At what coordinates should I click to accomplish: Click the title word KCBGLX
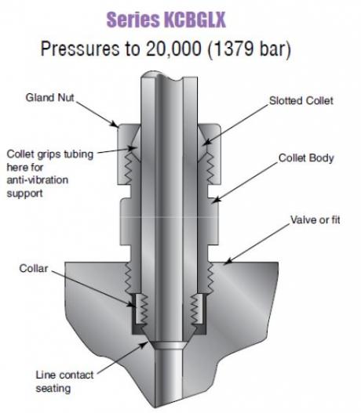[195, 20]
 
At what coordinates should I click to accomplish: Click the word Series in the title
[133, 20]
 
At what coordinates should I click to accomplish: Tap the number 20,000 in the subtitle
[173, 49]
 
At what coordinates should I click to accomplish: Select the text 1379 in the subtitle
[234, 49]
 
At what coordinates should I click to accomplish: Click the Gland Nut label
[50, 97]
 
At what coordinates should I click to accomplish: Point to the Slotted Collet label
[301, 100]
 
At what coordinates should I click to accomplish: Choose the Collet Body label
[306, 158]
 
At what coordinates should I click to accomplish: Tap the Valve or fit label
[315, 219]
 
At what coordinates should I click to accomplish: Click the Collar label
[34, 269]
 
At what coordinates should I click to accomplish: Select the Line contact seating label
[64, 382]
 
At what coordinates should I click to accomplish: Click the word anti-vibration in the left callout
[38, 180]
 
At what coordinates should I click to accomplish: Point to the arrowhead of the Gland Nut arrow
[116, 125]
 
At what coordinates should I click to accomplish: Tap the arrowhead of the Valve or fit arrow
[226, 263]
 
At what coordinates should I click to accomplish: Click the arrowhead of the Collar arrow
[133, 306]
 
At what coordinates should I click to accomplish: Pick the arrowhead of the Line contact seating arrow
[145, 343]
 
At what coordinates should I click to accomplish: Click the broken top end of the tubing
[169, 76]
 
